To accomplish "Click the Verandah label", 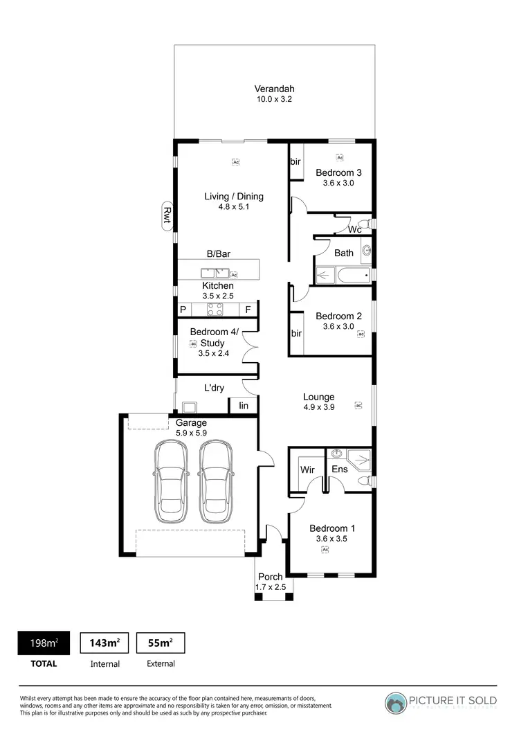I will (274, 89).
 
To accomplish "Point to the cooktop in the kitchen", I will (215, 310).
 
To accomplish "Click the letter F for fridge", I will (248, 310).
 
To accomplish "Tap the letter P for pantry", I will (184, 310).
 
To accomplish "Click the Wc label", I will (354, 229).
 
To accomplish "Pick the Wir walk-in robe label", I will (307, 469).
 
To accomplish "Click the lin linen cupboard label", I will (244, 406).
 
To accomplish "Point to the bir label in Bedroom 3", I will (295, 161).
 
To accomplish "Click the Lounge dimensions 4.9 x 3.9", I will (318, 408).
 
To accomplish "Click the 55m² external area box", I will (161, 643).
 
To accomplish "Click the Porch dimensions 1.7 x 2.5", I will (270, 587).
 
